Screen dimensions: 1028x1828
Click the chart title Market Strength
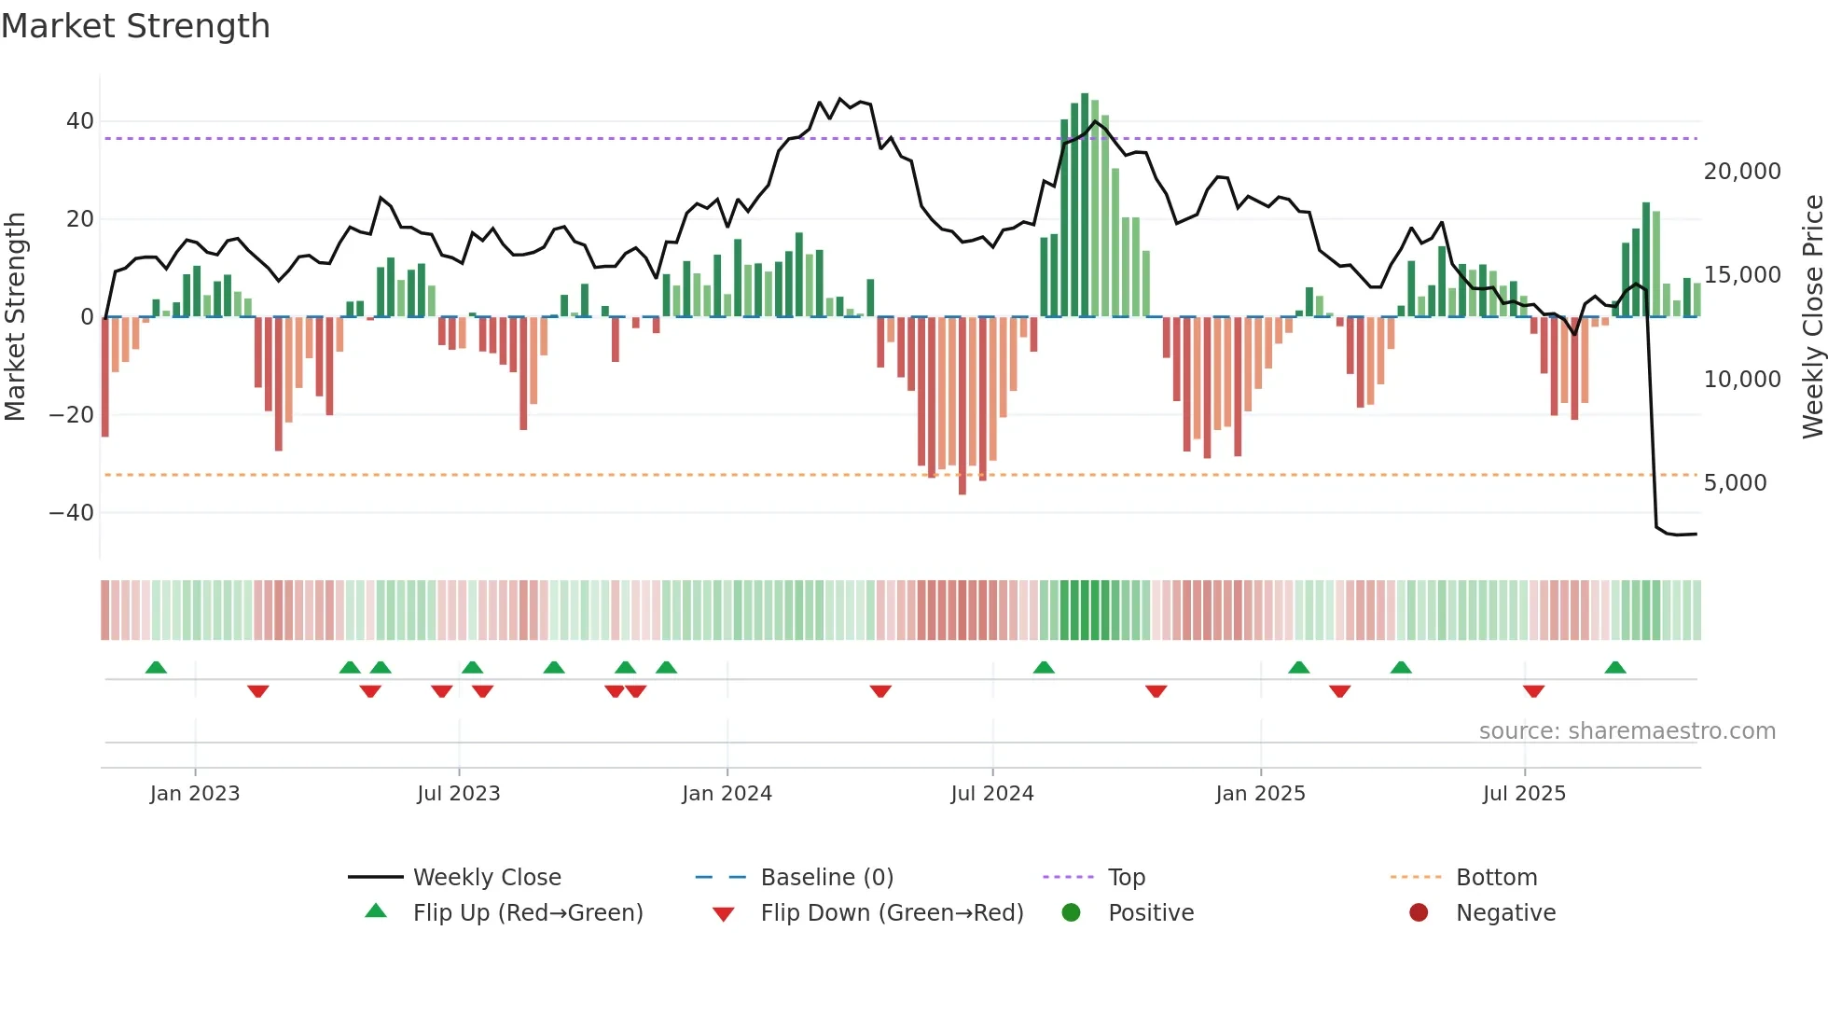coord(135,26)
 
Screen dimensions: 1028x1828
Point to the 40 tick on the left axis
coord(80,121)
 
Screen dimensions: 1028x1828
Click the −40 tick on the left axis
coord(72,513)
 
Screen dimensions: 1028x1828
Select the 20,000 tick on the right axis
coord(1741,172)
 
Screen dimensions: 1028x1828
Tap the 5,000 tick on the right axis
coord(1735,483)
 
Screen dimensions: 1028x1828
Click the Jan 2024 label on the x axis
coord(727,794)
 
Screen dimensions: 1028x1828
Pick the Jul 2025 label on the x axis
coord(1524,794)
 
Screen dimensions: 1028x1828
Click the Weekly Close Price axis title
coord(1812,317)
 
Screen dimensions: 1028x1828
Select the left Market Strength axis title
coord(15,317)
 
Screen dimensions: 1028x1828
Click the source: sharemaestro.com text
coord(1627,731)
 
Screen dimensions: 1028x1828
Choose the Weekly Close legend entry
coord(486,878)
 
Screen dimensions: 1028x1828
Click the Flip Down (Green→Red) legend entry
coord(891,913)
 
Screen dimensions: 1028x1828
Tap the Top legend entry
coord(1126,878)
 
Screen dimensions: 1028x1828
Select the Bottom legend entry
coord(1496,878)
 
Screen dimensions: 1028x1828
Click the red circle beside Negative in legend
coord(1418,913)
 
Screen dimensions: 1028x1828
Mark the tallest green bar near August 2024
coord(1085,205)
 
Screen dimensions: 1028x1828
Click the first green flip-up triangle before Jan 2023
coord(156,667)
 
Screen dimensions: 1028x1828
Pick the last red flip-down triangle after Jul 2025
coord(1533,691)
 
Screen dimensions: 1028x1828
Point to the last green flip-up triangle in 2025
coord(1615,667)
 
